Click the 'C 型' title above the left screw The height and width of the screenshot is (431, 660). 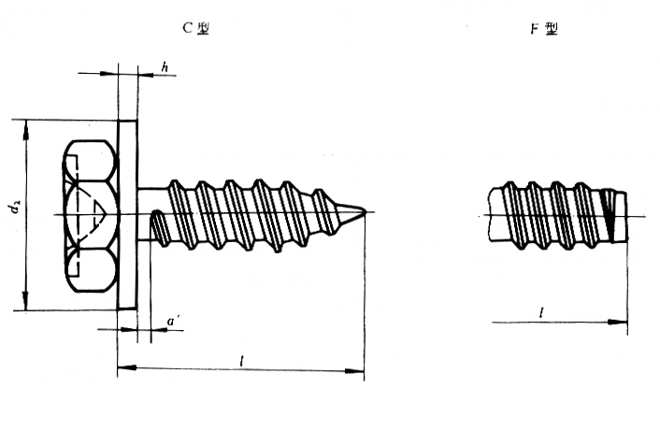(195, 28)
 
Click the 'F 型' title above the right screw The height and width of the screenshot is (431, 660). (544, 29)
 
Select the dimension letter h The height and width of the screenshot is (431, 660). (165, 66)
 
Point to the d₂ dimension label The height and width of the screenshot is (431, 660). (15, 207)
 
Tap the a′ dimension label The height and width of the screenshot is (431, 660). (173, 322)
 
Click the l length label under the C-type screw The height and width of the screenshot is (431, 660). (241, 361)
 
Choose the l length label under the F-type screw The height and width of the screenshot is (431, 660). (541, 312)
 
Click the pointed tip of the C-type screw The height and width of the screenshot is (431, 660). (365, 211)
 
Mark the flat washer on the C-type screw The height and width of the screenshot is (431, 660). (127, 215)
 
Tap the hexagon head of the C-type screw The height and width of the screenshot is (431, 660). (91, 216)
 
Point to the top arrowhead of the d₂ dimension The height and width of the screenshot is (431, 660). (26, 130)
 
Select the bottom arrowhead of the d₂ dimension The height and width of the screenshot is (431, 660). (26, 300)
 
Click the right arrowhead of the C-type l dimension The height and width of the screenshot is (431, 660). (354, 371)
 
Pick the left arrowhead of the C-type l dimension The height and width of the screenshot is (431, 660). (127, 367)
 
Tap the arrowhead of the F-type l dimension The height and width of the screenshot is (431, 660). (618, 323)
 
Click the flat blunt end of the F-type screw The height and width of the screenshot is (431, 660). (626, 216)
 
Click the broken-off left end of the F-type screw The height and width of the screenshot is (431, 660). (490, 215)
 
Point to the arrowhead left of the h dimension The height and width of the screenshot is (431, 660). (108, 74)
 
